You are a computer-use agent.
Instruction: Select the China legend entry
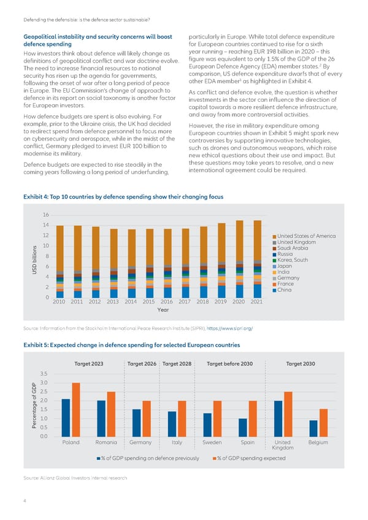(x=285, y=290)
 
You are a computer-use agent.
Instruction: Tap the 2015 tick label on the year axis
(x=149, y=302)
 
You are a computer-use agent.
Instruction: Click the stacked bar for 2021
(x=257, y=259)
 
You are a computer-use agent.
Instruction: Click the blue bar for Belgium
(x=313, y=428)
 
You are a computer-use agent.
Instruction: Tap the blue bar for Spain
(x=243, y=427)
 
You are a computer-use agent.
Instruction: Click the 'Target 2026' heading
(x=142, y=364)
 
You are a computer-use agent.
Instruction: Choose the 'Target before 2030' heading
(x=230, y=364)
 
